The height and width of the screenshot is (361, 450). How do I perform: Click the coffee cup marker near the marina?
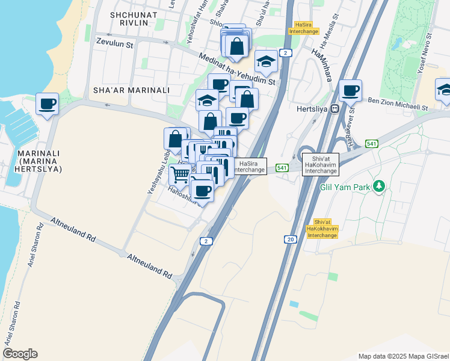47,104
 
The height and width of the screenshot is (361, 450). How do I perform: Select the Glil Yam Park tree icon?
378,186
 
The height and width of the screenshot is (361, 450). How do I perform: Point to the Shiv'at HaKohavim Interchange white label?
321,164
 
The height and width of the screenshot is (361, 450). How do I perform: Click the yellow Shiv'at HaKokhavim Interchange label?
322,229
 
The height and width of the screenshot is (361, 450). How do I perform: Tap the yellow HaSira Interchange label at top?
304,28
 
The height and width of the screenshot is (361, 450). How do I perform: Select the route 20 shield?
291,239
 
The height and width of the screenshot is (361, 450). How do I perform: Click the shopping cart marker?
180,175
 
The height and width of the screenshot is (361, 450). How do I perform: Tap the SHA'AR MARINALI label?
131,90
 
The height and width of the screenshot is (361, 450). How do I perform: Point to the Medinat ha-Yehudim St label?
237,68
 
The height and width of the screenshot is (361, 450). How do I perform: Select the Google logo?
20,353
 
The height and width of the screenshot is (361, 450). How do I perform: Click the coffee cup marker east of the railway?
350,91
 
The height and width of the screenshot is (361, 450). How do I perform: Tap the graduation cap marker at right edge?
444,90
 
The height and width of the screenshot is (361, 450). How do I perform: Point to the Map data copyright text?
403,356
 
